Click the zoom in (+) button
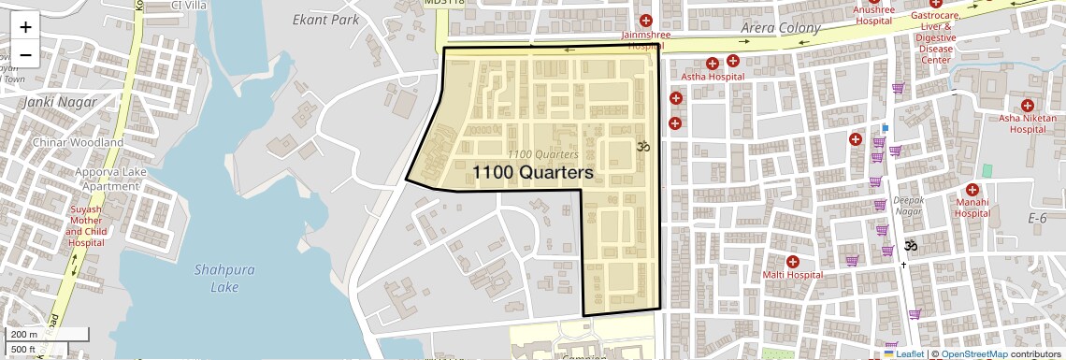click(25, 27)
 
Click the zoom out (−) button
click(25, 54)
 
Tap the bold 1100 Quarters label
click(533, 173)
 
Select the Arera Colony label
click(780, 28)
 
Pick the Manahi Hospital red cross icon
click(972, 190)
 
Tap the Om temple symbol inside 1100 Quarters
click(642, 147)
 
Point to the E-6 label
click(1037, 218)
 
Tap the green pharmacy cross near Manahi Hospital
click(987, 171)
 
